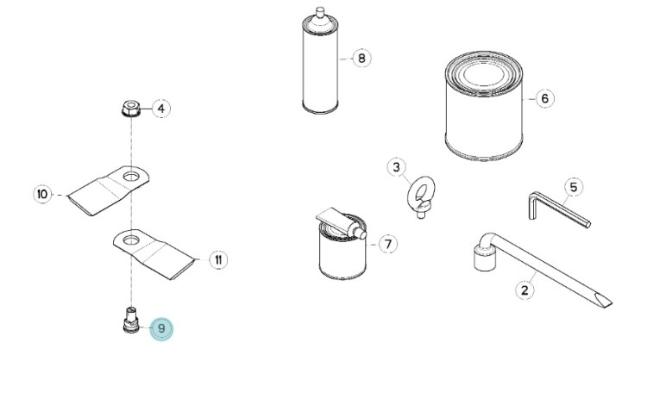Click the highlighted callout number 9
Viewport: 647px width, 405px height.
coord(161,329)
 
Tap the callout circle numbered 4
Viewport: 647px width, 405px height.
coord(161,109)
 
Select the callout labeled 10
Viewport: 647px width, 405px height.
coord(42,194)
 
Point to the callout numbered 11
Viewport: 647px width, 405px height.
coord(218,260)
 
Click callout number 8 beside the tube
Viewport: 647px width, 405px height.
coord(361,58)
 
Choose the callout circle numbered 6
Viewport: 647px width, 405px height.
coord(544,98)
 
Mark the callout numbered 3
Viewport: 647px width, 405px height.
coord(396,167)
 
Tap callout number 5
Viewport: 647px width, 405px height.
coord(574,188)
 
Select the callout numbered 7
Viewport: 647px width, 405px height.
coord(388,244)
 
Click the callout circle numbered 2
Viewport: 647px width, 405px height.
coord(525,290)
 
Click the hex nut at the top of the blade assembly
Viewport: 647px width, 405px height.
coord(131,108)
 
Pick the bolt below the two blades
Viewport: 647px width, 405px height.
coord(131,320)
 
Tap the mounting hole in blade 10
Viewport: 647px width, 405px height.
coord(131,177)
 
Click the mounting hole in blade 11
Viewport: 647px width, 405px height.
coord(130,240)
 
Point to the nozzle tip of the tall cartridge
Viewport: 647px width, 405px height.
coord(320,11)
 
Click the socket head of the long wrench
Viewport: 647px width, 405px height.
coord(485,258)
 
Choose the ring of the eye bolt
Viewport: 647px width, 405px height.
coord(421,191)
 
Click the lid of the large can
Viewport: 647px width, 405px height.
coord(484,75)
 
